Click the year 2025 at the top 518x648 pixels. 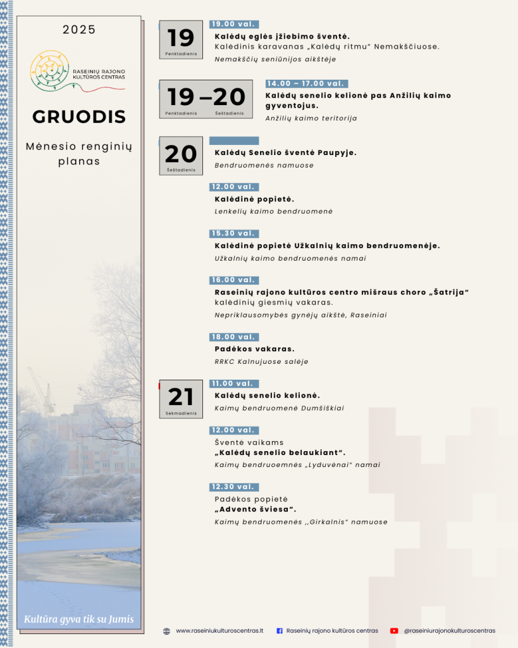(79, 30)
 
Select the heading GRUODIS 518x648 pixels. (79, 117)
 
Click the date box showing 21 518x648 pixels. (181, 399)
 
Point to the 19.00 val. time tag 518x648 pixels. (234, 24)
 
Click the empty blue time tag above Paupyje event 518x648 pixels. (234, 140)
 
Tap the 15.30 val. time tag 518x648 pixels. (234, 234)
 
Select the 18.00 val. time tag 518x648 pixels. (234, 337)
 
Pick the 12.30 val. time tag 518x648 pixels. (234, 487)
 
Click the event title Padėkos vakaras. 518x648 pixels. (254, 349)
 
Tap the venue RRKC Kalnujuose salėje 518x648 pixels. (261, 362)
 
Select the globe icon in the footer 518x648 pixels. (166, 631)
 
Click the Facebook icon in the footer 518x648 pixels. (280, 631)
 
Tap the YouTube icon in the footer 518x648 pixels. (394, 631)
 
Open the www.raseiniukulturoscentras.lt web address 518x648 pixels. (219, 631)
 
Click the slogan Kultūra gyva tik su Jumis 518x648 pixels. (79, 620)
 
